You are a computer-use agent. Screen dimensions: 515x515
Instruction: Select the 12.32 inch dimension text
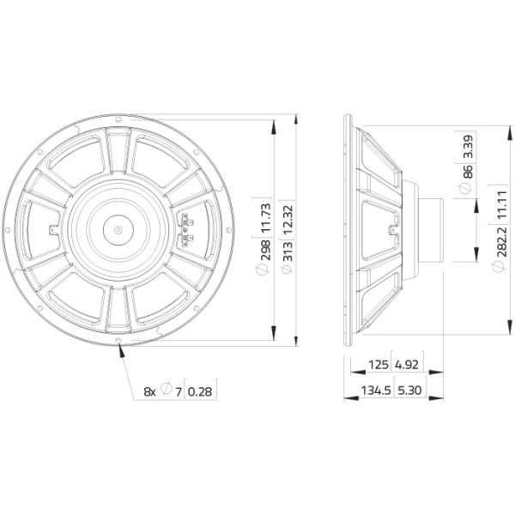pyautogui.click(x=288, y=219)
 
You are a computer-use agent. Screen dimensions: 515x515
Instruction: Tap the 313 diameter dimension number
pyautogui.click(x=288, y=251)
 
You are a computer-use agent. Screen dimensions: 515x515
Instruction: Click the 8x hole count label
pyautogui.click(x=149, y=391)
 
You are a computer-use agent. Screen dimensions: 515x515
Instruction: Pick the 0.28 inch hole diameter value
pyautogui.click(x=200, y=391)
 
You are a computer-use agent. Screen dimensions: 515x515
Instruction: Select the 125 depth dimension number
pyautogui.click(x=379, y=365)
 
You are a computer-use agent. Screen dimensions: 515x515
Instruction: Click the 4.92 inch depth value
pyautogui.click(x=407, y=365)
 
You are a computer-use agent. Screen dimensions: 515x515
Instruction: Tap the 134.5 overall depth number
pyautogui.click(x=376, y=391)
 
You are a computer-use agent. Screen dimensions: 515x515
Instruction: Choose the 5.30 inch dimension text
pyautogui.click(x=409, y=391)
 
